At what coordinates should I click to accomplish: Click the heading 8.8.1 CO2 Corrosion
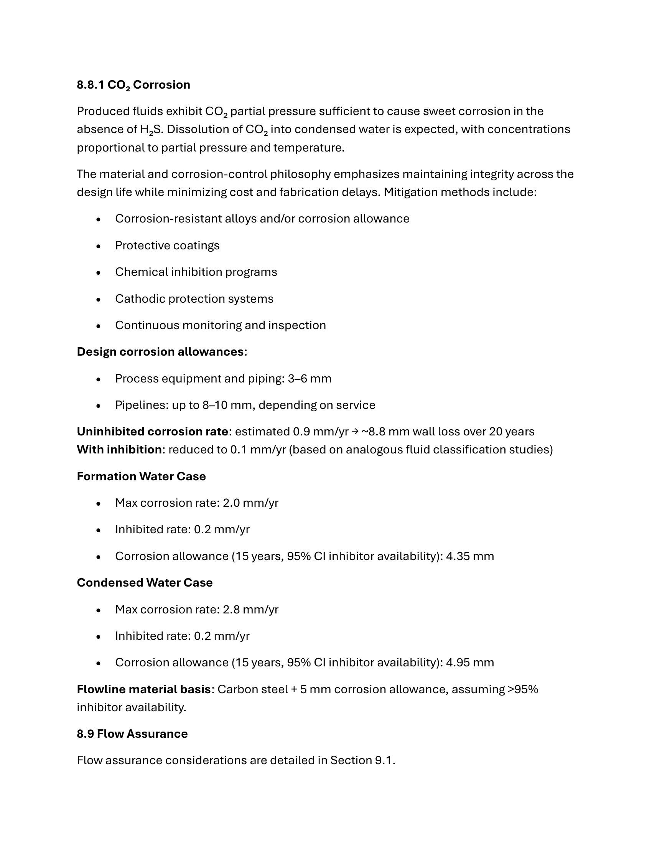tap(133, 85)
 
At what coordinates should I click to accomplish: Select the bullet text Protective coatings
tap(167, 246)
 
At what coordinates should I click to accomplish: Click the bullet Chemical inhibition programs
tap(196, 272)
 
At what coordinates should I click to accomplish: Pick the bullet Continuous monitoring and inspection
tap(220, 325)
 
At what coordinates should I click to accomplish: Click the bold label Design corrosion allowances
tap(160, 352)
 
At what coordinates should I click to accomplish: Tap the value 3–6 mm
tap(310, 378)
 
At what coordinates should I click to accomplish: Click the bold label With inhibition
tap(119, 450)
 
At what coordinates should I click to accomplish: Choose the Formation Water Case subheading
tap(141, 476)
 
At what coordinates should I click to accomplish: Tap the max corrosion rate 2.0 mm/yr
tap(250, 503)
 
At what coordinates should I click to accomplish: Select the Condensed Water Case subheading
tap(145, 583)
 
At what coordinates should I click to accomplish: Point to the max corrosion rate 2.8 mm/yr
tap(250, 610)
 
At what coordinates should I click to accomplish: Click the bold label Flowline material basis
tap(144, 689)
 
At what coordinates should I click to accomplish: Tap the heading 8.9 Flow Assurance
tap(132, 734)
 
